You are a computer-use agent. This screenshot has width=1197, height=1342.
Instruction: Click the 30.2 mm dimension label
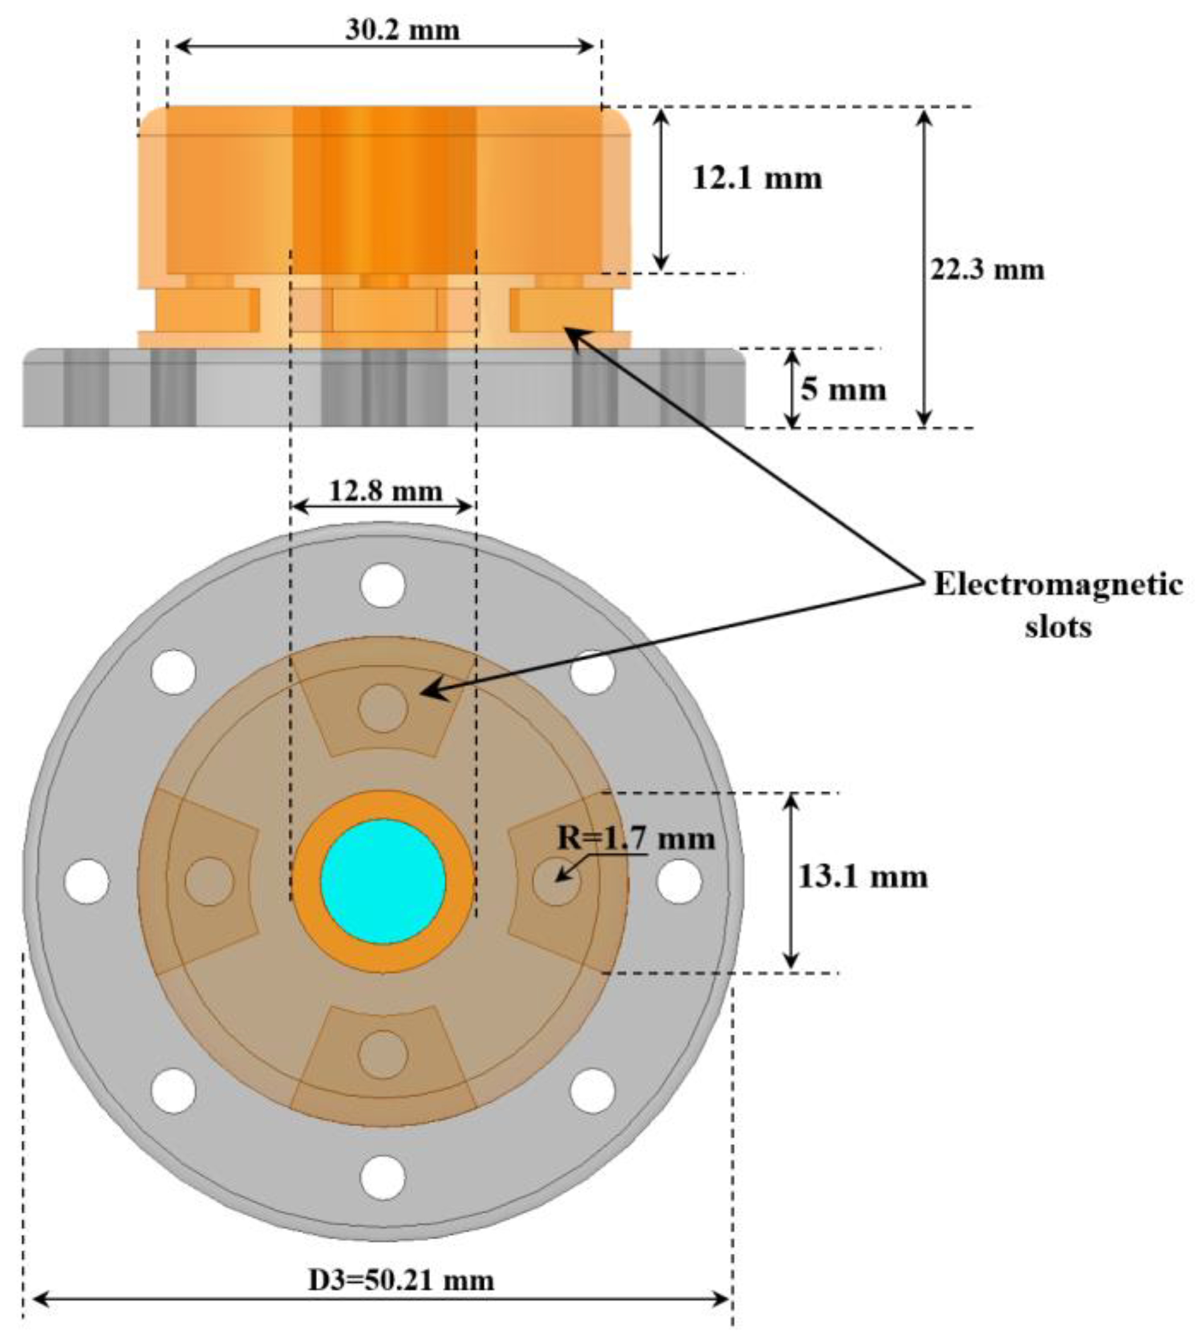(x=402, y=30)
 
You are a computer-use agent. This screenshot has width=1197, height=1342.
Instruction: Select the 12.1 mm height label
(x=757, y=179)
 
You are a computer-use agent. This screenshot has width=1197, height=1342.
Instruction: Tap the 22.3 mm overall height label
(x=987, y=270)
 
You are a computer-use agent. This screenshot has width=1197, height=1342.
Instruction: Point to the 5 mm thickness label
(x=843, y=390)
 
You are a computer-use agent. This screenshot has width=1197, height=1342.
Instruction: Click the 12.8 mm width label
(x=386, y=490)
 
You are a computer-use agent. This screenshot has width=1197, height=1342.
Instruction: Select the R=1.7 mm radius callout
(x=635, y=838)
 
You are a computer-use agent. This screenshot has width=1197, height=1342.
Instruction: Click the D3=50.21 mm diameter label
(x=401, y=1278)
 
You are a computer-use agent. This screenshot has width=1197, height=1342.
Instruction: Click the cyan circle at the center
(x=383, y=882)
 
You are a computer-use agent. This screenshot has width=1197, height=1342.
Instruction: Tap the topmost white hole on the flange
(x=383, y=585)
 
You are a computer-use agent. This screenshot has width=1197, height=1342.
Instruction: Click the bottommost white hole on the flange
(x=383, y=1177)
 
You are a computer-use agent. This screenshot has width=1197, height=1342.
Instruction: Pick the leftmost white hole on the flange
(x=87, y=881)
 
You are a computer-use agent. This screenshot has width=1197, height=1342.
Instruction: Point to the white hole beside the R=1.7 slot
(x=679, y=881)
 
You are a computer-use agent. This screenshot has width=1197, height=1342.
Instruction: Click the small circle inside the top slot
(x=383, y=708)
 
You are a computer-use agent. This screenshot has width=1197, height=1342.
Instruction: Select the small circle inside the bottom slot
(x=383, y=1055)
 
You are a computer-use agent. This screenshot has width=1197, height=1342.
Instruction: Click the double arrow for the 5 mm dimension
(x=793, y=388)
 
